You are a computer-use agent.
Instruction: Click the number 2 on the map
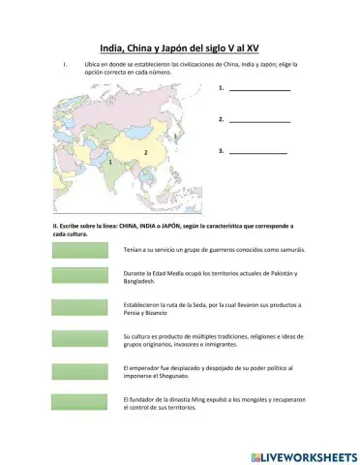(145, 153)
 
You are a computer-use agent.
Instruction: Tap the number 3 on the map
(174, 139)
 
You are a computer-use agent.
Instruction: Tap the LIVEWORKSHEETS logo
(303, 455)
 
